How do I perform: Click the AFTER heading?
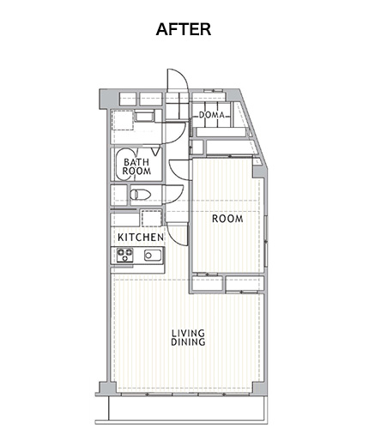tap(184, 29)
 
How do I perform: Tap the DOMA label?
tap(212, 115)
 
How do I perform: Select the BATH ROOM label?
tap(136, 166)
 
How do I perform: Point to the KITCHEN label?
tap(141, 238)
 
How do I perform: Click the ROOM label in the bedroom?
tap(227, 219)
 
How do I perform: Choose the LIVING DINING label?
tap(188, 337)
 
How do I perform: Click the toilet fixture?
tap(140, 195)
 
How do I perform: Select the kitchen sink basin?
tap(153, 256)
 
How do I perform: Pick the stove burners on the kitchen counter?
tap(125, 255)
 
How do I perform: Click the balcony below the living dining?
tap(188, 409)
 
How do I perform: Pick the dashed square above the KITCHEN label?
tap(151, 219)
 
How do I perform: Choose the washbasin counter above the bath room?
tap(145, 117)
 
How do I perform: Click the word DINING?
tap(188, 342)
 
